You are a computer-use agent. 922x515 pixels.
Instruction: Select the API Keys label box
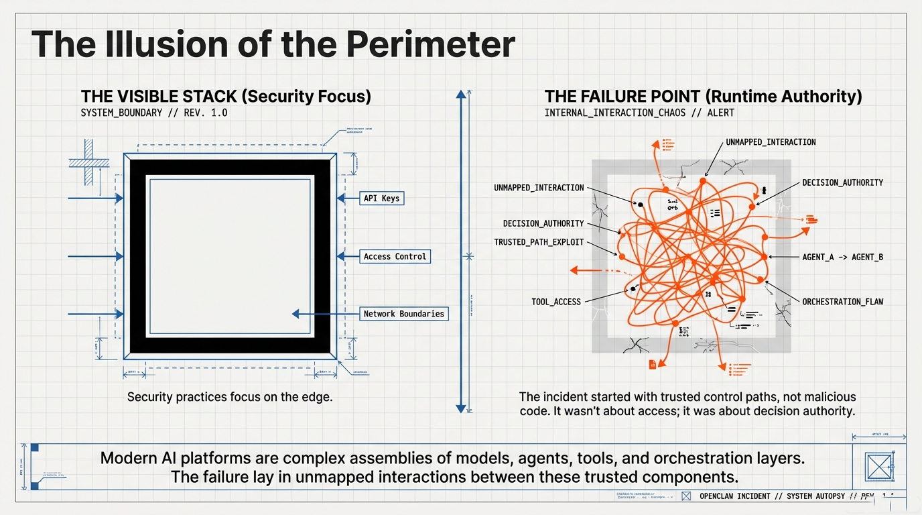[381, 198]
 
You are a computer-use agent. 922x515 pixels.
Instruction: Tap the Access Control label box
[395, 256]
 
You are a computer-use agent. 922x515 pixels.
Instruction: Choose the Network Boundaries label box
[403, 314]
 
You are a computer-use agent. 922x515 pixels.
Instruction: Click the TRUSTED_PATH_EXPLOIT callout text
[539, 242]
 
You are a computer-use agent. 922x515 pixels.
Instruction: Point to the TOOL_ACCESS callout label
[556, 302]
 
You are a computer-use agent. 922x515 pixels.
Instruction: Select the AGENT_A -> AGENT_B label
[842, 257]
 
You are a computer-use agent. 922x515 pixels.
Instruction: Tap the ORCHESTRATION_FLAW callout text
[842, 302]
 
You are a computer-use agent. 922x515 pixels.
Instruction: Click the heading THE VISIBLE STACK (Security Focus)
[226, 97]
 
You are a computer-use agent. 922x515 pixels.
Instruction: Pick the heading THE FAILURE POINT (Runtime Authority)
[703, 97]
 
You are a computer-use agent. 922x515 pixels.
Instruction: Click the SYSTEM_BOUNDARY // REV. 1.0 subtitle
[153, 113]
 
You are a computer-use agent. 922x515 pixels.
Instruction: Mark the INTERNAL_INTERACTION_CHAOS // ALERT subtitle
[639, 113]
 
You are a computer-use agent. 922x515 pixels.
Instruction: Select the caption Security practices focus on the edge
[230, 397]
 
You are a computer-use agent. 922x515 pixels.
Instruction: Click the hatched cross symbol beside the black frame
[88, 162]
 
